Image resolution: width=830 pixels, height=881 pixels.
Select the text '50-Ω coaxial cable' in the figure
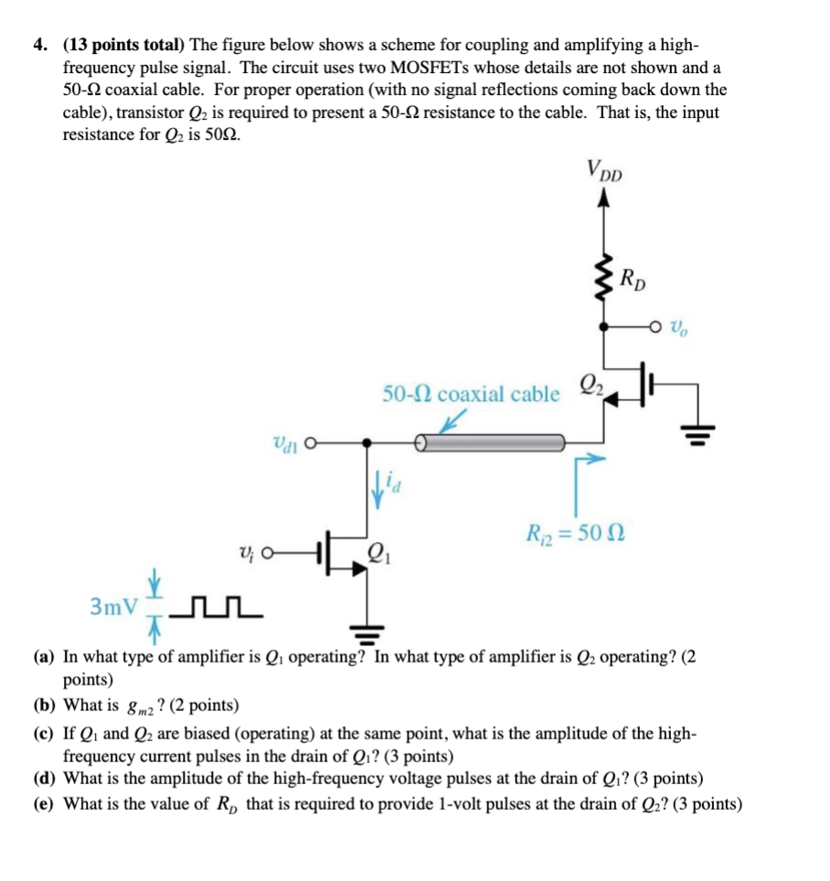pos(471,394)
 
